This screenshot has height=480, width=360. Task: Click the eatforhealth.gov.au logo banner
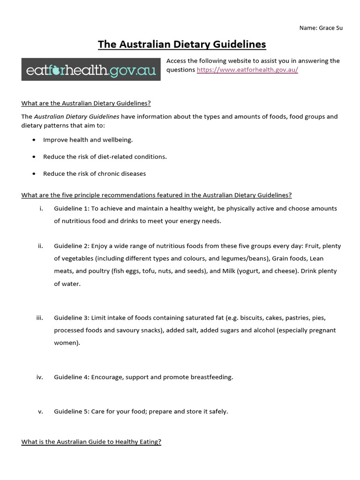coord(91,69)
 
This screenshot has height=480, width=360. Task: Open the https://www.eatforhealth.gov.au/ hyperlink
coord(247,70)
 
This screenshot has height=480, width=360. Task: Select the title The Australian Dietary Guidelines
coord(181,45)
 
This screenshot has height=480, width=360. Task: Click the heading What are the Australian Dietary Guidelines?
coord(86,104)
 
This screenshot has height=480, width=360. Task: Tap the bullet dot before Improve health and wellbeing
coord(34,140)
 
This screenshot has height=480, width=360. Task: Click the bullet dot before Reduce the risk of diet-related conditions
coord(34,157)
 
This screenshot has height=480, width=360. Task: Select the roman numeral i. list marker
coord(41,209)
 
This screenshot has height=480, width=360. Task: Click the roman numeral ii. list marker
coord(41,246)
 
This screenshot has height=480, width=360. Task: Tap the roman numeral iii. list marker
coord(40,318)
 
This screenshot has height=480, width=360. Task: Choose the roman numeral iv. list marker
coord(40,377)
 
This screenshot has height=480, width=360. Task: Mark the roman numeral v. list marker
coord(41,412)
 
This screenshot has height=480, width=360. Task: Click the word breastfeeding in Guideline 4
coord(213,377)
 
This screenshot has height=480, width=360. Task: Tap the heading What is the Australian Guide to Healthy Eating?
coord(91,442)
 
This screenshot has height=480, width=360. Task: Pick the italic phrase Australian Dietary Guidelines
coord(76,117)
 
